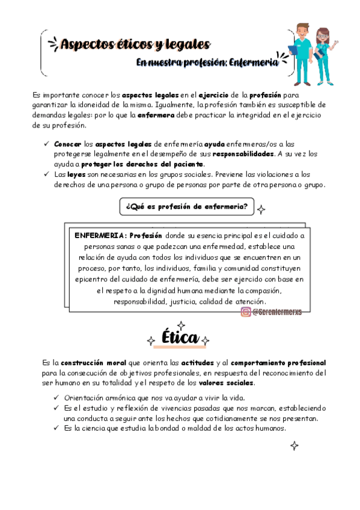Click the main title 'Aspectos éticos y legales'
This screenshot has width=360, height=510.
click(135, 44)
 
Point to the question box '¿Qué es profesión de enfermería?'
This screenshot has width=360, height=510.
click(186, 207)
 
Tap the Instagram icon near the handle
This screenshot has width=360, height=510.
click(246, 312)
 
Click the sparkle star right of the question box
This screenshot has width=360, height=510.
click(262, 209)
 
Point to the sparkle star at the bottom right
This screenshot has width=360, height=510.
click(294, 446)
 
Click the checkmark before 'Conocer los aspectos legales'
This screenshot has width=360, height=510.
click(47, 145)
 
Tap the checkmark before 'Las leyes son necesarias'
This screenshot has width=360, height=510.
click(47, 174)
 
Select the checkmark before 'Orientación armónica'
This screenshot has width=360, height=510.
click(56, 398)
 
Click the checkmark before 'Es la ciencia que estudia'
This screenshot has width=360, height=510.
click(56, 428)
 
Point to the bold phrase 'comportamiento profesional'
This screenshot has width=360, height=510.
click(278, 363)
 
